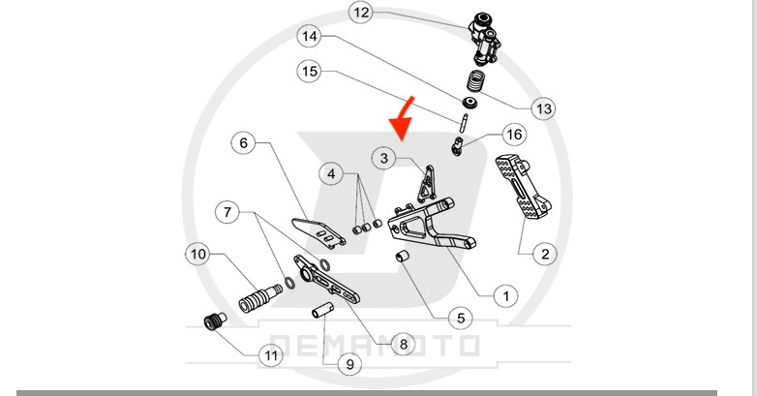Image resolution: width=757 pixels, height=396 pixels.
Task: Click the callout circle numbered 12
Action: pos(360,14)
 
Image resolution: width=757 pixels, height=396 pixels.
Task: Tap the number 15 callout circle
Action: pos(310,72)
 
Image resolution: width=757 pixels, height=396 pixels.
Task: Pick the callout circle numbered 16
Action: pos(513,135)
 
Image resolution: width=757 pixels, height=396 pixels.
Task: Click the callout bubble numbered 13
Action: pos(543,108)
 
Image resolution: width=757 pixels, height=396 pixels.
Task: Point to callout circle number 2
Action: pos(544,255)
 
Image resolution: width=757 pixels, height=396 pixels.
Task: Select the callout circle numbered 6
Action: pos(244,143)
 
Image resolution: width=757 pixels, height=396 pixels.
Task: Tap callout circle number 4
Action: pos(333,174)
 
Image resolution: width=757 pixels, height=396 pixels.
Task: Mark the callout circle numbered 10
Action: pos(198,255)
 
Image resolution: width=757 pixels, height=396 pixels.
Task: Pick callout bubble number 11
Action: pos(271,355)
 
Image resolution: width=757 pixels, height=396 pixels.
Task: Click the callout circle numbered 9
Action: pos(346,365)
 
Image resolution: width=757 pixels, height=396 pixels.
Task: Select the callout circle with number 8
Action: pos(402,343)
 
